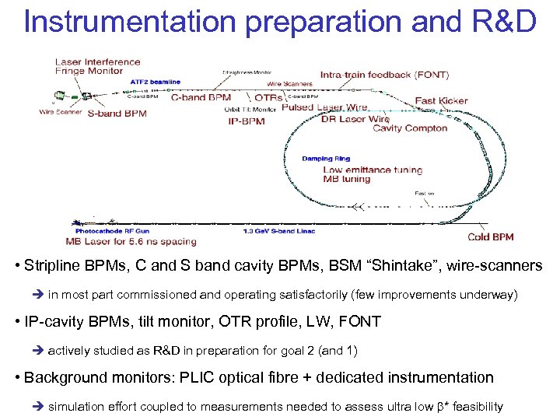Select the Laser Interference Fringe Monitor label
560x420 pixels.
[97, 66]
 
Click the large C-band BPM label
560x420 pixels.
[201, 98]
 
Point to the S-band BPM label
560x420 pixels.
[117, 114]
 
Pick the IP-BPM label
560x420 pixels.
[247, 121]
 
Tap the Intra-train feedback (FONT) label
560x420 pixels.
[384, 75]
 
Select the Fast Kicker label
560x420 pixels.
[441, 100]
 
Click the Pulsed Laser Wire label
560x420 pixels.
[324, 107]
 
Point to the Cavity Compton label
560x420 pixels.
[410, 128]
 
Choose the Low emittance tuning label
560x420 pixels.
[373, 170]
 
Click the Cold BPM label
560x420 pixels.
[490, 237]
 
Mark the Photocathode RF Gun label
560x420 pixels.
[113, 231]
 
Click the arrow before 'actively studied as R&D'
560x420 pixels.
[37, 351]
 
